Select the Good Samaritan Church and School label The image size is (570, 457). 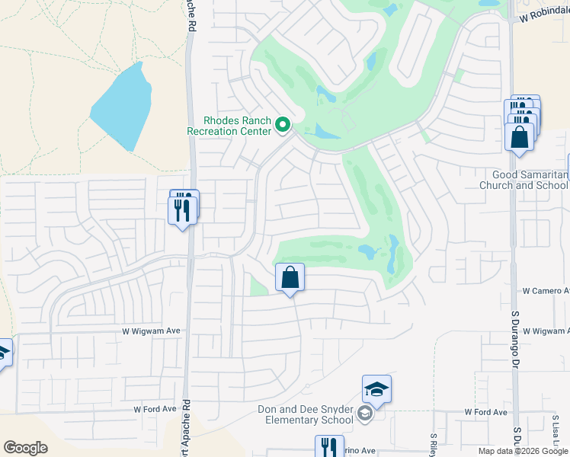click(524, 180)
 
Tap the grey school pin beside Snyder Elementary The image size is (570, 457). click(365, 414)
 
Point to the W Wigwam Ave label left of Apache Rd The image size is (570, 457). click(151, 331)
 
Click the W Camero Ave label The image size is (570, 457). click(546, 291)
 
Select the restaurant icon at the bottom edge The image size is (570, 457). click(329, 446)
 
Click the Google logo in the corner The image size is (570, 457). click(25, 448)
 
